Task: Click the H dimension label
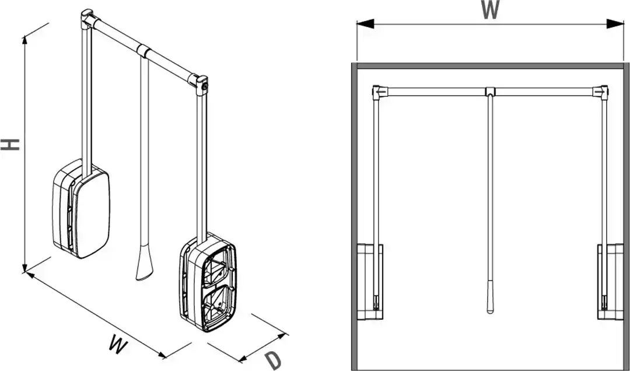[10, 145]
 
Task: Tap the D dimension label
[274, 360]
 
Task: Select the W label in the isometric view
[118, 345]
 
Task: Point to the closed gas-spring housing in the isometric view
[80, 208]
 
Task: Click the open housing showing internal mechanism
[208, 283]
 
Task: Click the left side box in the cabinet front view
[370, 282]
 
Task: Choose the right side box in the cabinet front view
[610, 282]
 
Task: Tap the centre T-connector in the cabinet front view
[490, 92]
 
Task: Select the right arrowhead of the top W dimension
[615, 24]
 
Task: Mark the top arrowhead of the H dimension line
[25, 40]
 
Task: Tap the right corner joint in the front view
[601, 92]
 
